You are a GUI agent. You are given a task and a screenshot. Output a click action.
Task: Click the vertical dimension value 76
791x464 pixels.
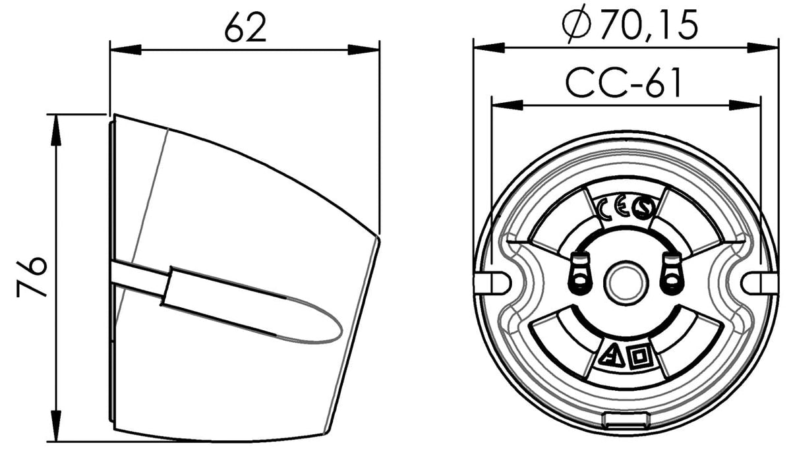click(x=32, y=277)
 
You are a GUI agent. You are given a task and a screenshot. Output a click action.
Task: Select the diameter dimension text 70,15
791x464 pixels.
click(x=649, y=25)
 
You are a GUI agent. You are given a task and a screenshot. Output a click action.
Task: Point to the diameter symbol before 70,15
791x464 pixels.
click(x=577, y=24)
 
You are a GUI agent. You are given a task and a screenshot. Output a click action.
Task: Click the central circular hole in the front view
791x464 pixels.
click(x=626, y=283)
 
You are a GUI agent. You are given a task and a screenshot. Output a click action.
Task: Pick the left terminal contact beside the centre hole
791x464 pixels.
click(x=579, y=274)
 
